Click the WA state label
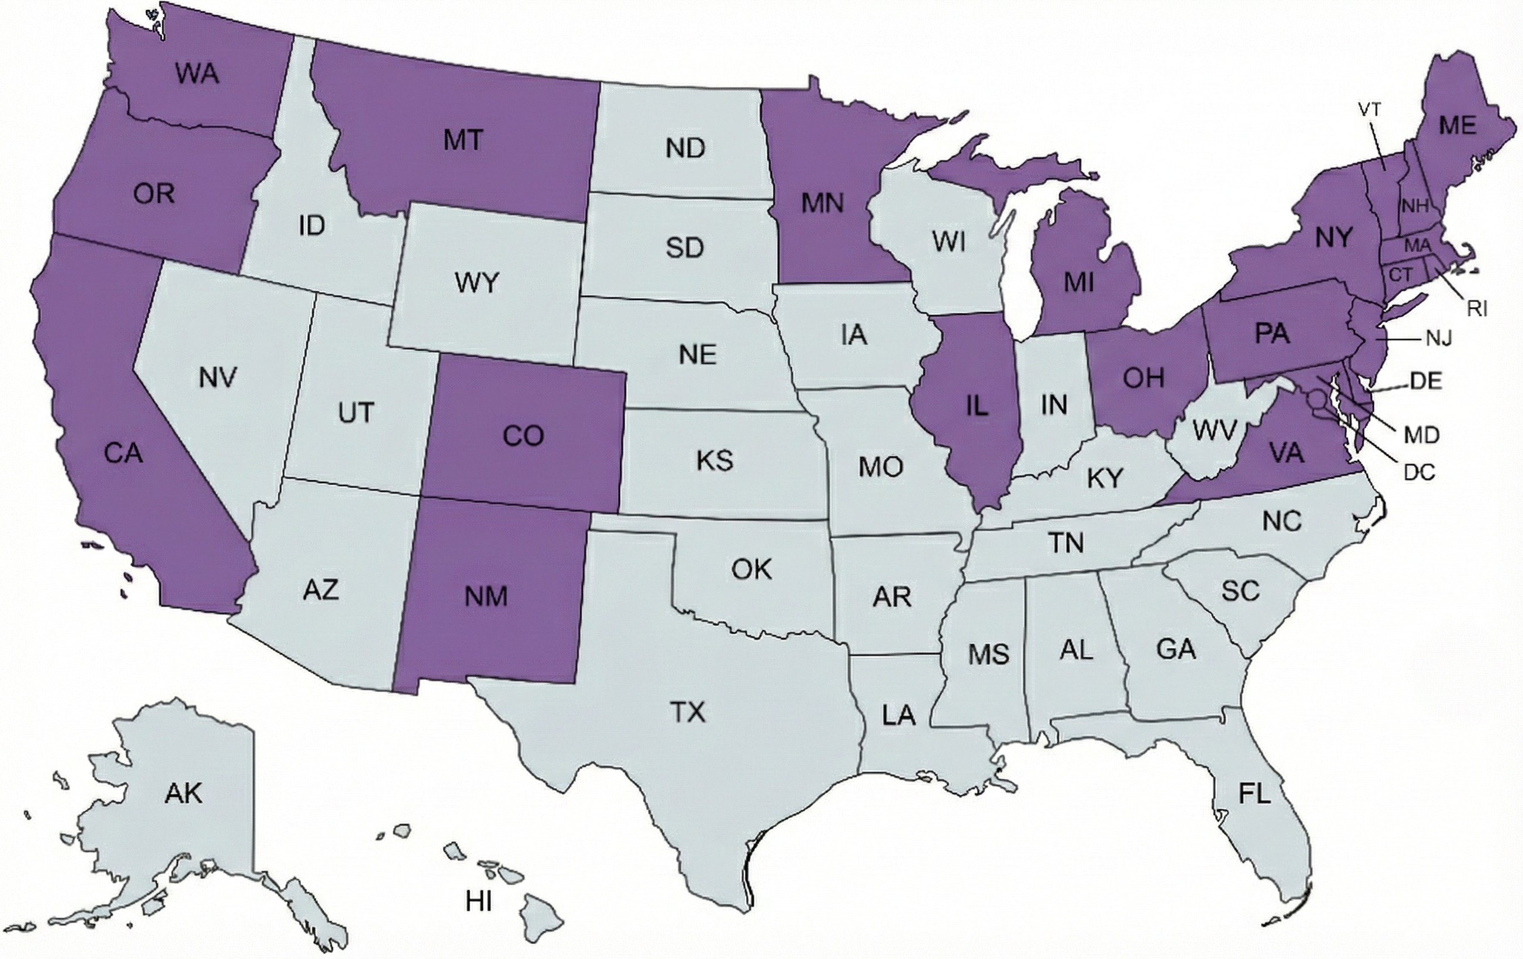(197, 74)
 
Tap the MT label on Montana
(463, 139)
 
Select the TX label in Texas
(687, 712)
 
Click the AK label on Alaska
(183, 793)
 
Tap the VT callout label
(1370, 109)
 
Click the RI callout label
(1477, 309)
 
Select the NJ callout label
(1439, 339)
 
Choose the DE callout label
(1425, 381)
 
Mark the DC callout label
(1419, 472)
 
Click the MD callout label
(1422, 435)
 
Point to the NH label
(1415, 206)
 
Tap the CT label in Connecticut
(1401, 275)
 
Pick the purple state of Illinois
(977, 406)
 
